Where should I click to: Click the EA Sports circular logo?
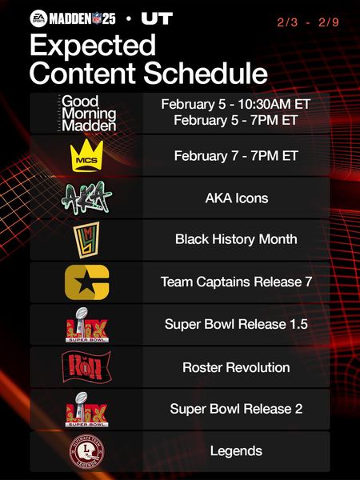38,18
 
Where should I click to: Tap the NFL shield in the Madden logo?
97,19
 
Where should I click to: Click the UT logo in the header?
157,18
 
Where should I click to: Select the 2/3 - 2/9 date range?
308,22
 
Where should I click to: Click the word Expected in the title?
93,45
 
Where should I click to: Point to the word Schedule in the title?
206,73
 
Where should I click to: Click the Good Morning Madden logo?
86,114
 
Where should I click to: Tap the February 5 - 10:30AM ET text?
236,104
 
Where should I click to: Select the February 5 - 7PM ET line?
236,120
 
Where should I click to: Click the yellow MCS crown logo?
86,155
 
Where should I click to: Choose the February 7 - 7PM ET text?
236,156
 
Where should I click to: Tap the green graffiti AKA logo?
86,198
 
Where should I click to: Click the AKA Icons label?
237,198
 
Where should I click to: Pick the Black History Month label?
236,239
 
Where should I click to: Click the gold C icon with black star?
87,282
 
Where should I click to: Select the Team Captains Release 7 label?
236,282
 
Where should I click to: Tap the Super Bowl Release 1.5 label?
236,324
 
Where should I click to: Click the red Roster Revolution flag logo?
86,367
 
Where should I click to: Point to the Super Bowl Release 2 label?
236,409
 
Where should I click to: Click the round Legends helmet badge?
86,451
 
